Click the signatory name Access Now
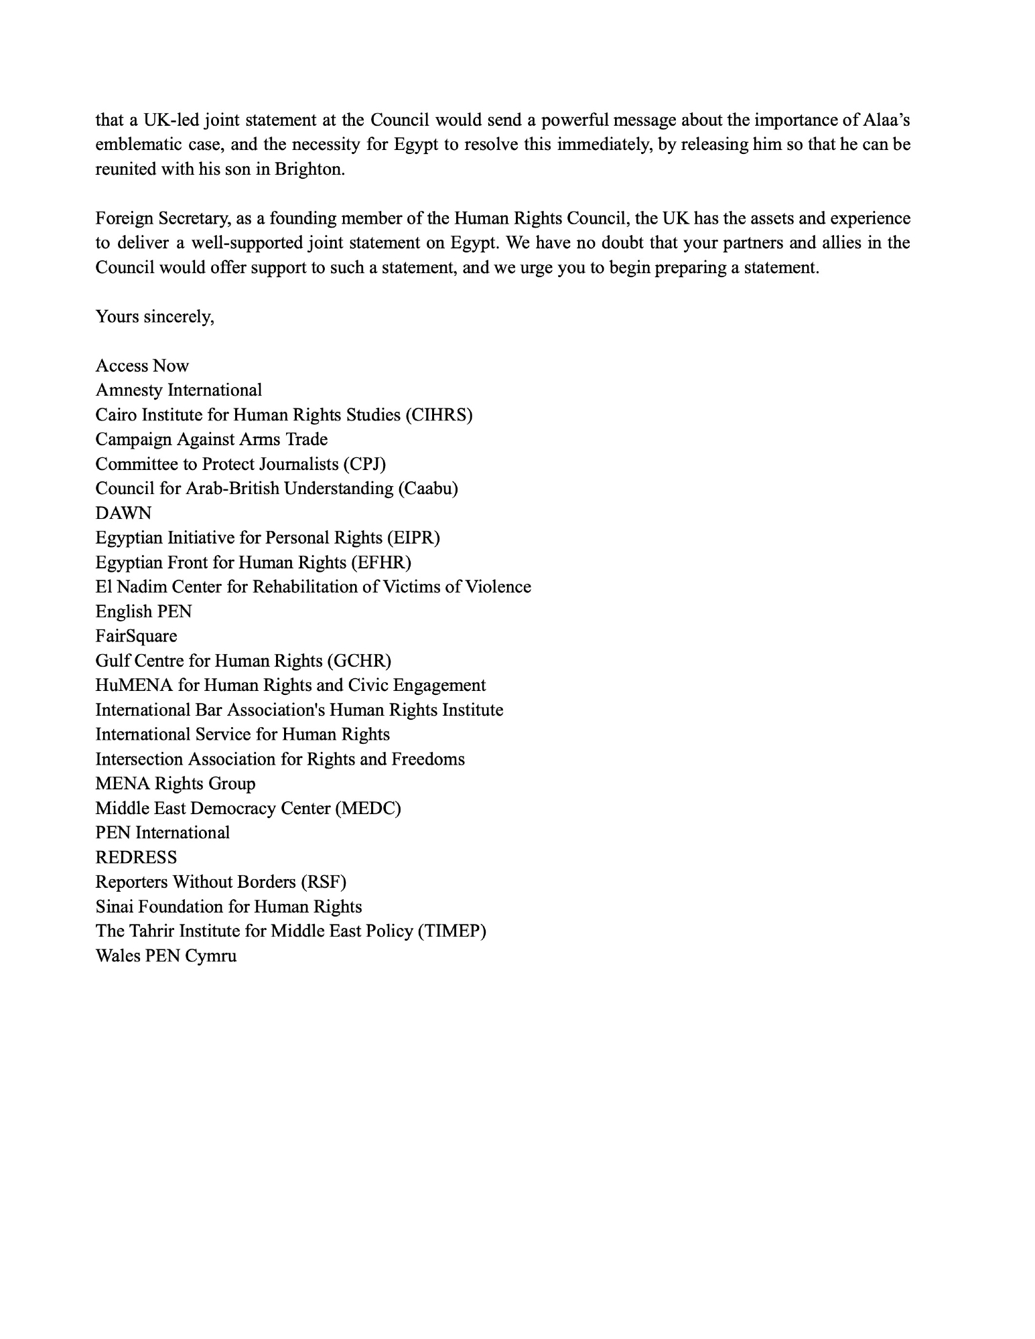pos(142,366)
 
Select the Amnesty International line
pos(178,390)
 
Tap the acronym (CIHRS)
pos(439,415)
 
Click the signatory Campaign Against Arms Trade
pos(211,440)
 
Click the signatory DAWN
pos(123,514)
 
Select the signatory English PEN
pos(143,612)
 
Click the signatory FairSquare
pos(136,637)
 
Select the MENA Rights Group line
pos(175,784)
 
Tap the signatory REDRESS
pos(136,858)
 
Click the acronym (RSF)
pos(324,882)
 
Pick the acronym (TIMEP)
pos(452,931)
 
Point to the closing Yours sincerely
pos(155,317)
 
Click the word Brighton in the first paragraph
pos(309,169)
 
